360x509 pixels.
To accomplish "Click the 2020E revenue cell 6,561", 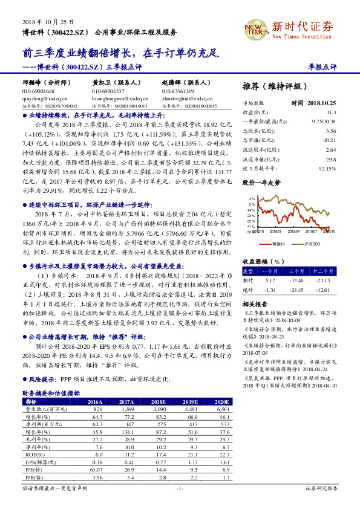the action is tap(223, 410).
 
